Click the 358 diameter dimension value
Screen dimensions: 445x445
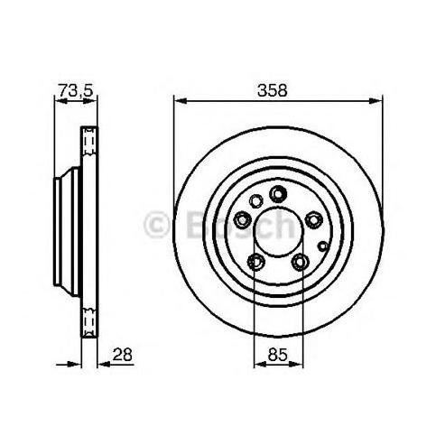coord(273,90)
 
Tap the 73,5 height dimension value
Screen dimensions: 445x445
coord(76,90)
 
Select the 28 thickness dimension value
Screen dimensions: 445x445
coord(123,355)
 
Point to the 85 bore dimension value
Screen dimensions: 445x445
coord(277,355)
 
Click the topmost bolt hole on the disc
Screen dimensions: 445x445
coord(278,194)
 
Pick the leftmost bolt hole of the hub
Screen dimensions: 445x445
coord(243,220)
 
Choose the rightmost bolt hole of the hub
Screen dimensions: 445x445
coord(313,220)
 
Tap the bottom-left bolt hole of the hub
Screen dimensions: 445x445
coord(255,262)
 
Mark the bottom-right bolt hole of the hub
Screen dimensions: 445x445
coord(300,262)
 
